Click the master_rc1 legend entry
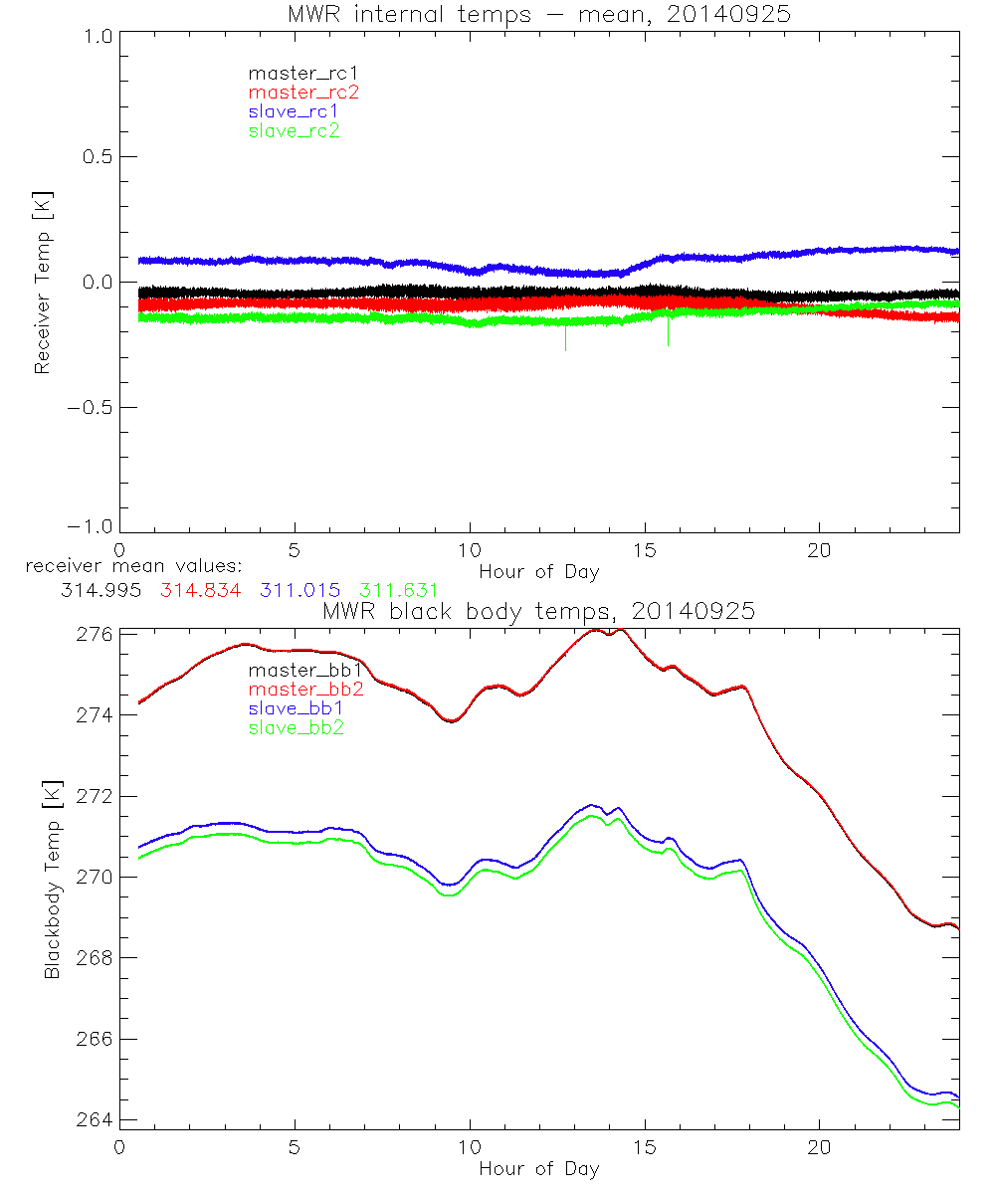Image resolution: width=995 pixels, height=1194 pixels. coord(294,73)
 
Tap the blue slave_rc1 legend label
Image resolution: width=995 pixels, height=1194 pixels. coord(294,111)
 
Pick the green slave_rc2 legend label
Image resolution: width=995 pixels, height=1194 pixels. coord(294,131)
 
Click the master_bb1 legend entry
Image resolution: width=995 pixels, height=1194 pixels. coord(302,671)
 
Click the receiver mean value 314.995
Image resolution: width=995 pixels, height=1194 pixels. coord(99,590)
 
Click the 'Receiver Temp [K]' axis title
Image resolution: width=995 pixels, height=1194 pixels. coord(42,282)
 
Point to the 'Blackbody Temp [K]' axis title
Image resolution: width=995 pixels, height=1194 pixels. coord(52,878)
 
